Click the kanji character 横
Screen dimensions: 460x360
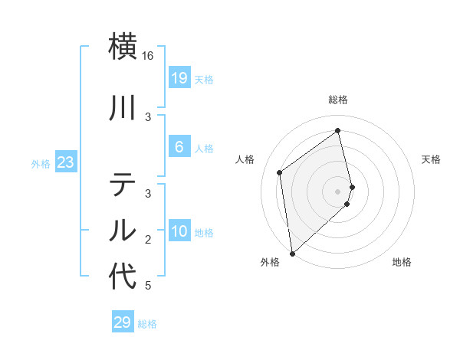(123, 45)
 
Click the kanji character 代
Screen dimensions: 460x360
(123, 277)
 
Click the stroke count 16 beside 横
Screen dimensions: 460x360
(148, 56)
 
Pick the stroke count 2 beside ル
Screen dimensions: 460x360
(149, 240)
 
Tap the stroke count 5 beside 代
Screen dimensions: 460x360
(148, 286)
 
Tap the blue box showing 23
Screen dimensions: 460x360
(64, 163)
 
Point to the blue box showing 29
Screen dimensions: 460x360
(122, 322)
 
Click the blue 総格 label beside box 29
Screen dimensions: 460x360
(147, 324)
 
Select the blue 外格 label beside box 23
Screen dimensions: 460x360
(40, 164)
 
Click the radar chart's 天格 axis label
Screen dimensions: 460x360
(431, 159)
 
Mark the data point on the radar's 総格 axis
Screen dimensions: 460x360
(338, 130)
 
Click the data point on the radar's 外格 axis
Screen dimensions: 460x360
(291, 253)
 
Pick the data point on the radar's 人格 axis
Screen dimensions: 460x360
(280, 172)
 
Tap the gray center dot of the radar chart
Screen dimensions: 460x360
(338, 191)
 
